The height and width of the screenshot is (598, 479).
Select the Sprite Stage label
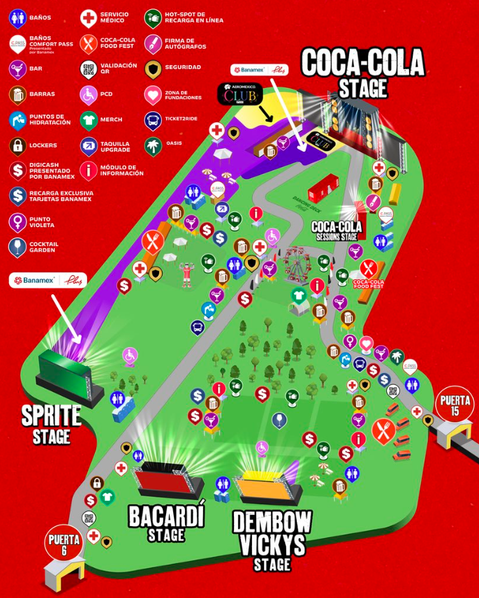(x=51, y=423)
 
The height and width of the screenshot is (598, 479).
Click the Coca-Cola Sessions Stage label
(x=337, y=231)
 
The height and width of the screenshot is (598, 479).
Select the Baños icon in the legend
(x=18, y=18)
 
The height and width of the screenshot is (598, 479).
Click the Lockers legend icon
(x=18, y=145)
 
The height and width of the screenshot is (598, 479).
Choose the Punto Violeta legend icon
(x=18, y=221)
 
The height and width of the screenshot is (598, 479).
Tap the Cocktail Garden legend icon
(x=18, y=247)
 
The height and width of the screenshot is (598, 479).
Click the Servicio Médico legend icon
(x=88, y=18)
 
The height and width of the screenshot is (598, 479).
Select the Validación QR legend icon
(x=88, y=69)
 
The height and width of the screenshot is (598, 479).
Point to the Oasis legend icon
(x=153, y=145)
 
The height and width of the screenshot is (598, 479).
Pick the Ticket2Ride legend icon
(x=153, y=120)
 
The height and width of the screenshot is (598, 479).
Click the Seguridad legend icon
(x=153, y=69)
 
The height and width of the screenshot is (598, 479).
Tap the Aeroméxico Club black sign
(x=239, y=94)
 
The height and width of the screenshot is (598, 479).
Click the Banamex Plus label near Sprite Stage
(x=48, y=281)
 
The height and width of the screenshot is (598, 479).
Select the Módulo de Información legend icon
(x=88, y=170)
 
